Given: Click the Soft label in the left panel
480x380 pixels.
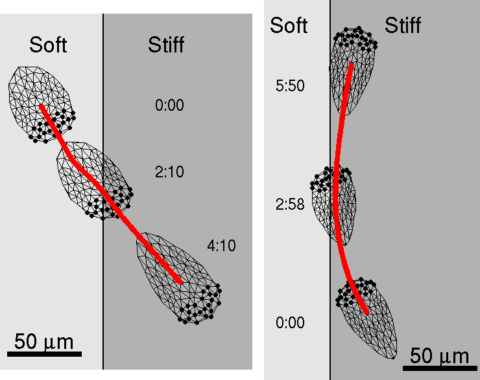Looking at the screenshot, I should (x=48, y=45).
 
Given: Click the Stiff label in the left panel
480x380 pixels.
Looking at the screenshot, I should (x=166, y=45).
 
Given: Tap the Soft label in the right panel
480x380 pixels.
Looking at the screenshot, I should (x=289, y=25).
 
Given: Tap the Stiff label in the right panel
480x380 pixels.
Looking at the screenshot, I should (x=403, y=25).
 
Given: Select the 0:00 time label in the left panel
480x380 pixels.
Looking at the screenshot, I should (x=169, y=106).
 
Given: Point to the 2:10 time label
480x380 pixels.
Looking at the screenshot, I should (x=169, y=172).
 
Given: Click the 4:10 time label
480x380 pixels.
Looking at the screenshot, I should (x=221, y=245).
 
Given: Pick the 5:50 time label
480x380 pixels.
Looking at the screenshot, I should (x=290, y=86).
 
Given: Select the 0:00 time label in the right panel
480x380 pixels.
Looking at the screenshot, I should (x=290, y=322).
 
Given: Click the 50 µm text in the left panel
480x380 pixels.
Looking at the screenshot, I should (x=44, y=342).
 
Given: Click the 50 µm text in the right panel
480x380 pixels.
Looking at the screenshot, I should (x=439, y=355).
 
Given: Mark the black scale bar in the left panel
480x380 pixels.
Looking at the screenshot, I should (x=44, y=353).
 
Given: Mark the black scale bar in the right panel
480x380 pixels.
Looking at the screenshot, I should (x=439, y=368).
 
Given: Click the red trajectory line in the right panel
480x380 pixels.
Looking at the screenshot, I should (x=337, y=194).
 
